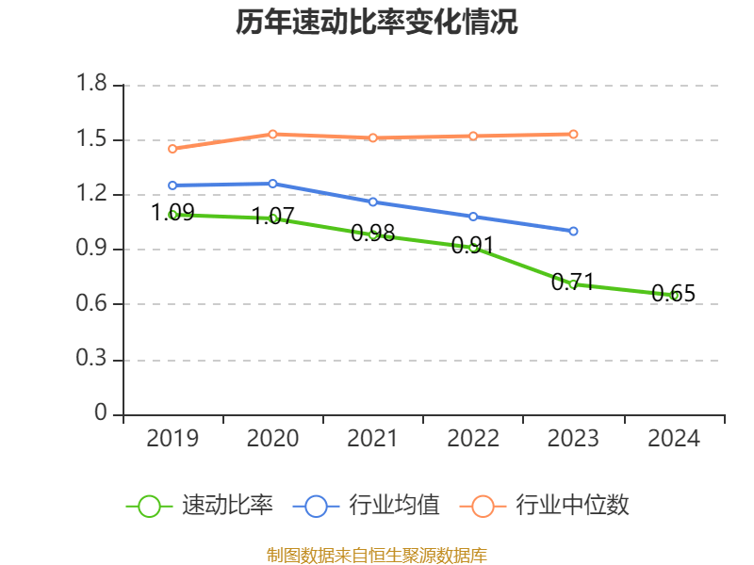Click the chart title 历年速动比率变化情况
pos(377,22)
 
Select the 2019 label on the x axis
pos(172,438)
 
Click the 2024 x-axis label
pos(674,438)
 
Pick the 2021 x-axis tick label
pos(373,438)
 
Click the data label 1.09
pos(172,212)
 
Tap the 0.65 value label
pos(674,293)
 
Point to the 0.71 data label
pos(573,282)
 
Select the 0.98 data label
pos(372,233)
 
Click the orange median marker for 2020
pos(272,134)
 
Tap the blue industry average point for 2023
pos(573,231)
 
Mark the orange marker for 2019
pos(172,149)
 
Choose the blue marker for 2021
pos(373,202)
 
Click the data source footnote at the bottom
pos(377,555)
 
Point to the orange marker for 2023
pos(573,134)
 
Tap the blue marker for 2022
pos(473,217)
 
